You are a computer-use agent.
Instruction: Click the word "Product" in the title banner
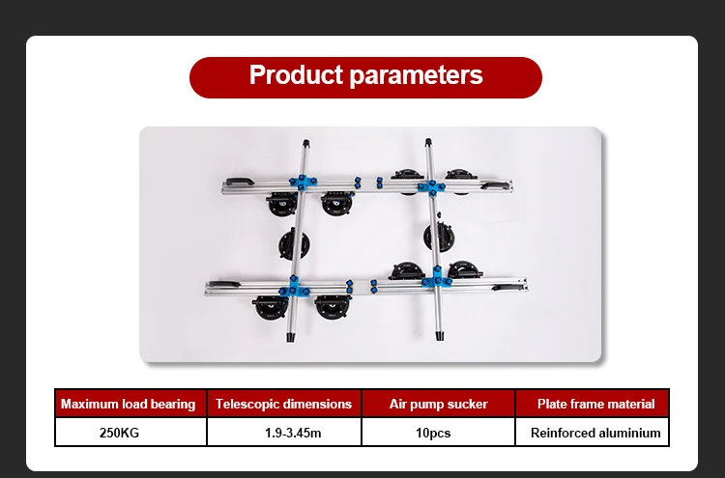(x=293, y=75)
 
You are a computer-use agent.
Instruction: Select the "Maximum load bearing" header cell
(x=129, y=404)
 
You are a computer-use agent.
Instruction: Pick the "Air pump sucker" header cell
(x=438, y=404)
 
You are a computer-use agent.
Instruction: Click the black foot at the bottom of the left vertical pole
(x=290, y=340)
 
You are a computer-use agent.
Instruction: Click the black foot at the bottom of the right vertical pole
(x=441, y=337)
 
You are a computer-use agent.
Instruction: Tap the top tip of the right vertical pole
(x=426, y=142)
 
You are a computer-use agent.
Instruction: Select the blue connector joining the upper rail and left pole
(x=302, y=183)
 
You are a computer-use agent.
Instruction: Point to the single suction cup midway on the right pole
(x=441, y=236)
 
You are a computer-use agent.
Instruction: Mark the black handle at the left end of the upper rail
(x=236, y=181)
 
